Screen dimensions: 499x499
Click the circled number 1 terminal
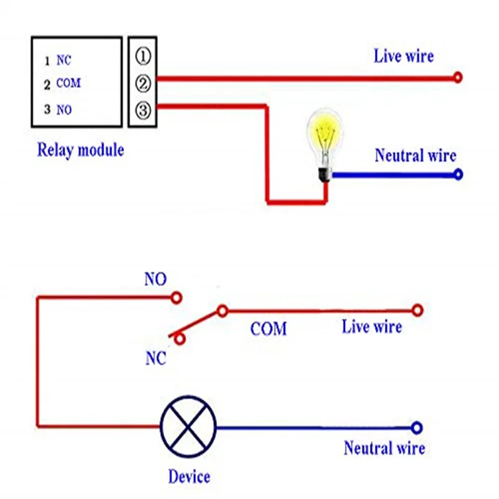pyautogui.click(x=143, y=57)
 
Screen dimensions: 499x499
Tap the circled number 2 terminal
pyautogui.click(x=143, y=84)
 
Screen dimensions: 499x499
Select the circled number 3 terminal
pyautogui.click(x=143, y=110)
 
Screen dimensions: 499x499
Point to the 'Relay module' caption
pyautogui.click(x=80, y=150)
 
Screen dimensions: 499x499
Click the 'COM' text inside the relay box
pyautogui.click(x=69, y=84)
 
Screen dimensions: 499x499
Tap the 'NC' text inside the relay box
pyautogui.click(x=64, y=60)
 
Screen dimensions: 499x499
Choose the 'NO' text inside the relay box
pyautogui.click(x=64, y=110)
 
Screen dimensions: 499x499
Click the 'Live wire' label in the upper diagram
pyautogui.click(x=404, y=56)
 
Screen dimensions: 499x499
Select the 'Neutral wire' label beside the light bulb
pyautogui.click(x=415, y=155)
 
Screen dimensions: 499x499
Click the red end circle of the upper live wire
pyautogui.click(x=458, y=77)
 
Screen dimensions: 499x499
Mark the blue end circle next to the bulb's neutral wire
pyautogui.click(x=458, y=175)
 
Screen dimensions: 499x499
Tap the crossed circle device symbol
pyautogui.click(x=188, y=427)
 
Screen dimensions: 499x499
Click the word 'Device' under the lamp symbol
pyautogui.click(x=189, y=477)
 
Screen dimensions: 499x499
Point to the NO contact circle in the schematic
pyautogui.click(x=176, y=298)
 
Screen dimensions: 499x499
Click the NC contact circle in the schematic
pyautogui.click(x=180, y=339)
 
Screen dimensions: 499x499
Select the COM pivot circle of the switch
pyautogui.click(x=223, y=311)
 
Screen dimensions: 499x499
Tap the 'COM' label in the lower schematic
pyautogui.click(x=268, y=329)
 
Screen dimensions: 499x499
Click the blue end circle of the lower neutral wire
pyautogui.click(x=417, y=428)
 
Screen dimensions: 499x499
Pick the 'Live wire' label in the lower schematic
pyautogui.click(x=372, y=327)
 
